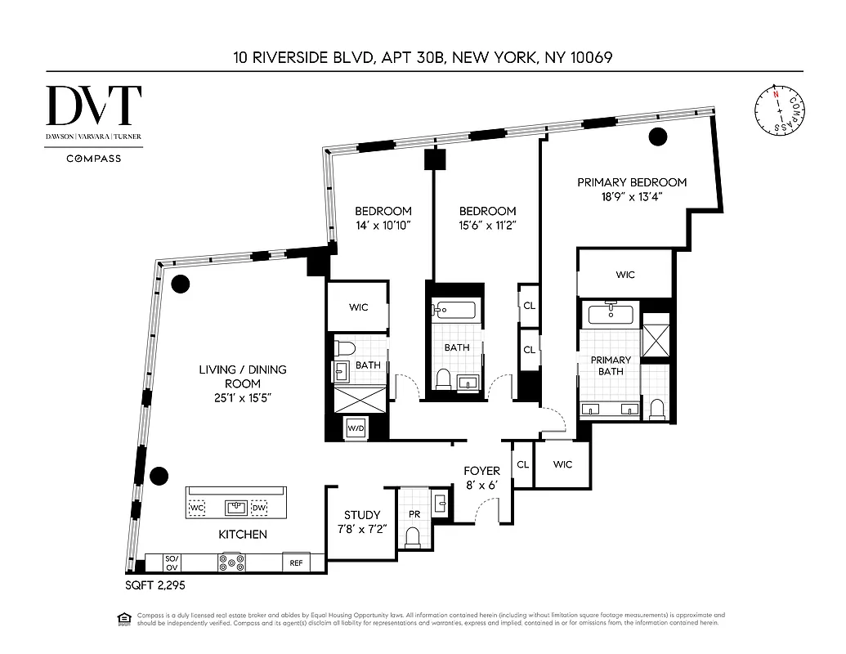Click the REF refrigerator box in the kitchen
tap(294, 563)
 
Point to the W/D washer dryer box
tap(356, 428)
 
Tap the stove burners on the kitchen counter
tap(232, 562)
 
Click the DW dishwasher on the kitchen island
tap(258, 508)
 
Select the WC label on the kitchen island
tap(196, 508)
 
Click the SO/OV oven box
tap(172, 562)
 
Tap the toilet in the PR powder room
tap(413, 536)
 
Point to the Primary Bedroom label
tap(632, 182)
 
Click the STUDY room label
tap(362, 515)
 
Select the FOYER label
tap(481, 472)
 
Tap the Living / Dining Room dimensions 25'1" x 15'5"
tap(243, 398)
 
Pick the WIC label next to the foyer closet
tap(562, 464)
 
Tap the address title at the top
tap(422, 57)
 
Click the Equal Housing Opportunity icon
tap(123, 617)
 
